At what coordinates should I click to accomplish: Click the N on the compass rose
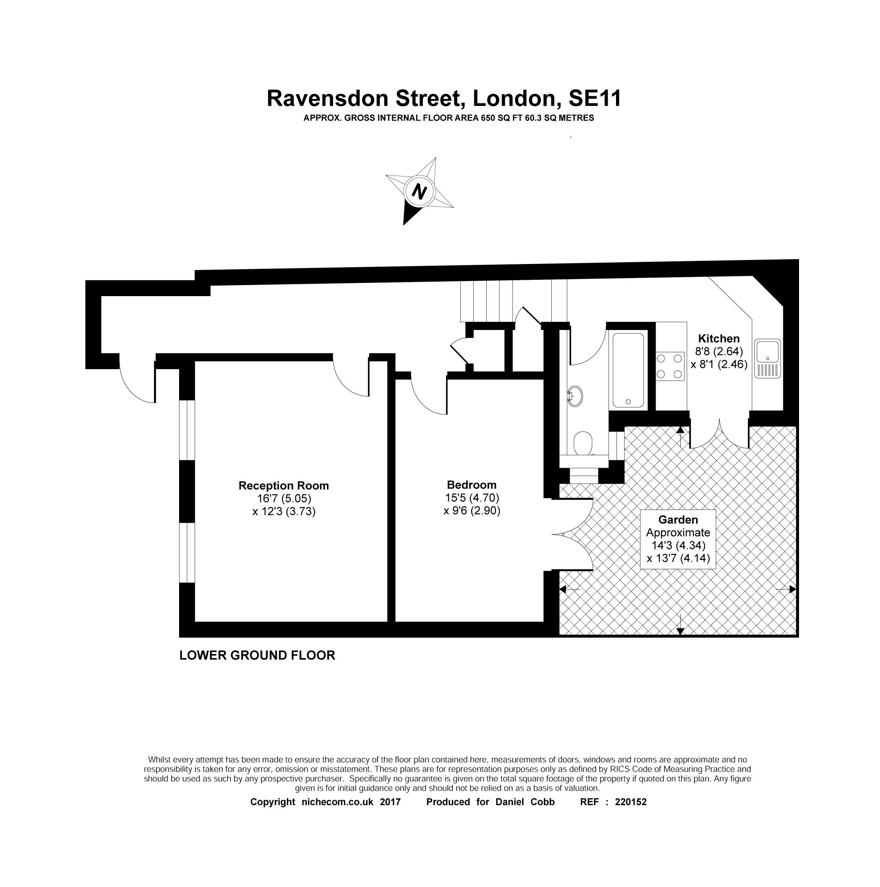pyautogui.click(x=418, y=191)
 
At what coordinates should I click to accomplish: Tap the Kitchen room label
pyautogui.click(x=719, y=339)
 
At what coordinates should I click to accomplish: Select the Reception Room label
pyautogui.click(x=283, y=486)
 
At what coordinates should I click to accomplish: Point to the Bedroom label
pyautogui.click(x=471, y=485)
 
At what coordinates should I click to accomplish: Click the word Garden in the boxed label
pyautogui.click(x=678, y=520)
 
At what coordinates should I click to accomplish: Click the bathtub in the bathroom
pyautogui.click(x=628, y=370)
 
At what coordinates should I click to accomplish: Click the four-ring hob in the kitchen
pyautogui.click(x=669, y=366)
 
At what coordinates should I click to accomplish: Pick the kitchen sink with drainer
pyautogui.click(x=767, y=358)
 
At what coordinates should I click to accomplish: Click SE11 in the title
pyautogui.click(x=594, y=98)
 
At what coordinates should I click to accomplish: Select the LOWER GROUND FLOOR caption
pyautogui.click(x=257, y=655)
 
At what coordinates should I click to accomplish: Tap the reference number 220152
pyautogui.click(x=630, y=802)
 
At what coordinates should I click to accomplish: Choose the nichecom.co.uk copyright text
pyautogui.click(x=351, y=802)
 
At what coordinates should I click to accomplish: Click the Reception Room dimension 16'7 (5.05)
pyautogui.click(x=284, y=498)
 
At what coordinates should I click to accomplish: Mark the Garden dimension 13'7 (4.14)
pyautogui.click(x=678, y=558)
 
